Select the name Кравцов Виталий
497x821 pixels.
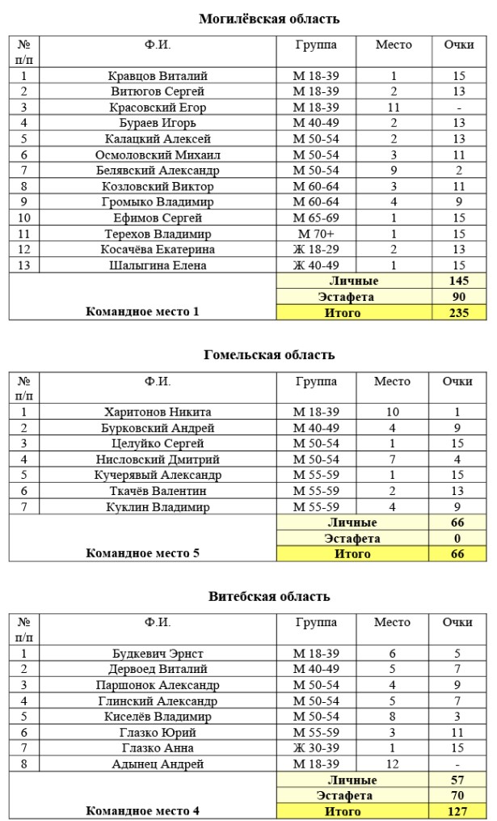[x=158, y=76]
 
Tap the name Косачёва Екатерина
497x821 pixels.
[x=158, y=250]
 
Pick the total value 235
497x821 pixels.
[x=458, y=313]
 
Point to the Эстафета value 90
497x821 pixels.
[x=458, y=297]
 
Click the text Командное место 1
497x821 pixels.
[x=142, y=311]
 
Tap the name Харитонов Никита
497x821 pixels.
[x=158, y=412]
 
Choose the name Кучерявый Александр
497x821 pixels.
[x=158, y=475]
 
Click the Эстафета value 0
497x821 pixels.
[x=458, y=538]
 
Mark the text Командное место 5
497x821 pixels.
[x=142, y=553]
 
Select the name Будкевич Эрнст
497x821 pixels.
[x=158, y=654]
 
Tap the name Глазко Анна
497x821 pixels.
[x=158, y=748]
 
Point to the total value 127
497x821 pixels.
[x=458, y=811]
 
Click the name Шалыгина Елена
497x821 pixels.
[x=158, y=265]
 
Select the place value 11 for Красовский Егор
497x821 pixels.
[x=394, y=108]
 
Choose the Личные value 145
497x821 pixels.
[x=458, y=281]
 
